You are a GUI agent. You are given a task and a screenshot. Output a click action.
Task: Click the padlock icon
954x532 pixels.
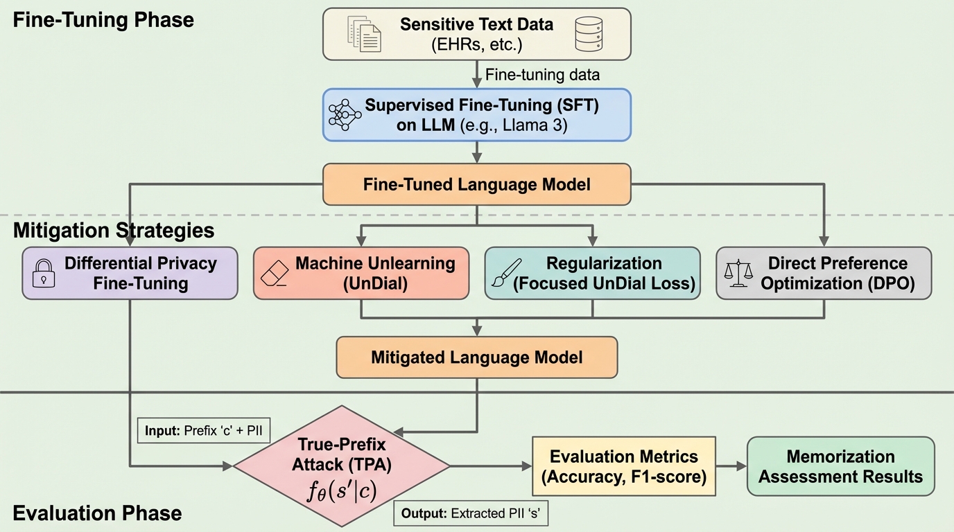click(x=44, y=273)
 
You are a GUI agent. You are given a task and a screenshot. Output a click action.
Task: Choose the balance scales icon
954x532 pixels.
click(x=738, y=274)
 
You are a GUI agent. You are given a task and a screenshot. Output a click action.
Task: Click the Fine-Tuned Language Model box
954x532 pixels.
click(x=477, y=184)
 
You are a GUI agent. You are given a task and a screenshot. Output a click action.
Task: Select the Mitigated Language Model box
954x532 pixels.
click(x=476, y=357)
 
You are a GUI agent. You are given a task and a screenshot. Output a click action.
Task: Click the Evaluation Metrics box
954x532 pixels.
click(x=623, y=466)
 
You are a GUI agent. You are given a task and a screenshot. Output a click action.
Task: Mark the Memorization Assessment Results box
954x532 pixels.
click(x=840, y=466)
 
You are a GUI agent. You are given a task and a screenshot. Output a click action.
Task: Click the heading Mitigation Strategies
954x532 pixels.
click(x=114, y=231)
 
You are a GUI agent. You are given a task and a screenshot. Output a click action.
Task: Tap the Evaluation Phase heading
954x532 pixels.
click(x=97, y=513)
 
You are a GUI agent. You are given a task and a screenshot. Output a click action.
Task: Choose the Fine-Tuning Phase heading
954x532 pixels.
click(x=103, y=19)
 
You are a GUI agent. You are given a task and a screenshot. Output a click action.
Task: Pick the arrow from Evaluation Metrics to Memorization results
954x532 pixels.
click(x=730, y=466)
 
